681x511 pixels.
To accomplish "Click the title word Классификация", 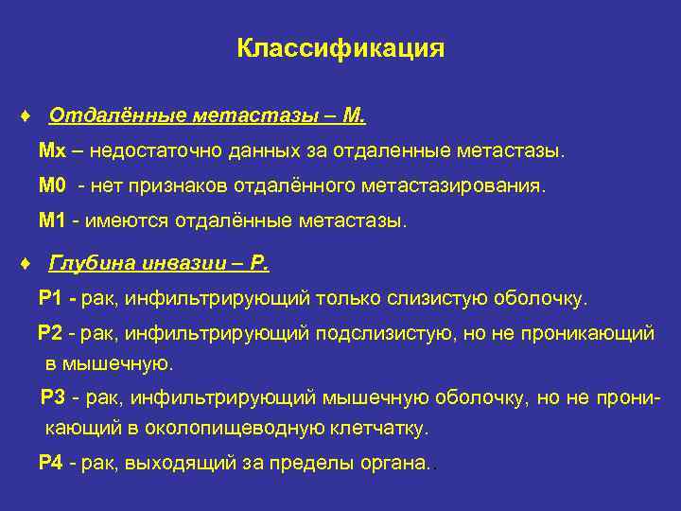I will tap(340, 48).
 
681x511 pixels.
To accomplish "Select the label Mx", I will tap(51, 151).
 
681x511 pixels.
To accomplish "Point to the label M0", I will tap(53, 186).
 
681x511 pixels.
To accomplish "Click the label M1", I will tap(53, 221).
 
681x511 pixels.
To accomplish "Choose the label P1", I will tap(52, 299).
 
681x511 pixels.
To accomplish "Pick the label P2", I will tap(51, 334).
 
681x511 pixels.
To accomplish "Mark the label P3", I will tap(55, 397).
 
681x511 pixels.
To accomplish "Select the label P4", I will tap(52, 464).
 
